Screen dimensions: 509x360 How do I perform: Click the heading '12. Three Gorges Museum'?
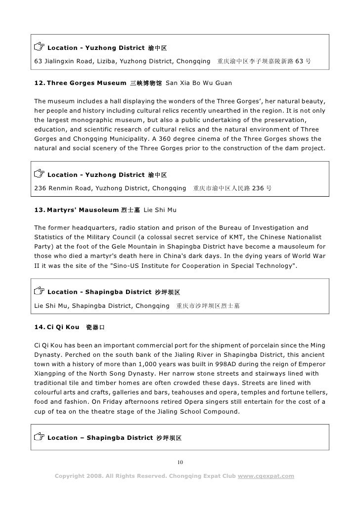coord(79,83)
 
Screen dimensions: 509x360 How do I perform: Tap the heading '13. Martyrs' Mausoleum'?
coord(74,211)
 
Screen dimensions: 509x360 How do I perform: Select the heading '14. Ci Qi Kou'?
coord(56,327)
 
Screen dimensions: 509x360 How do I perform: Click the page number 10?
coord(180,462)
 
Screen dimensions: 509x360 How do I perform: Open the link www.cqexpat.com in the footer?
coord(266,476)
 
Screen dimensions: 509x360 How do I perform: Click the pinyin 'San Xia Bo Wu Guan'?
coord(196,83)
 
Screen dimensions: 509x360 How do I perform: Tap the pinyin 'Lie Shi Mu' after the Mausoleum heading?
coord(160,211)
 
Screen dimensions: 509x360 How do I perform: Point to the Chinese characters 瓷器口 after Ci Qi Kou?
coord(95,328)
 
